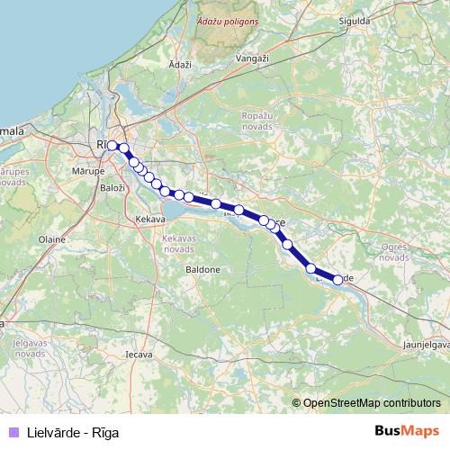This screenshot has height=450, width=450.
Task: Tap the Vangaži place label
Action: (252, 58)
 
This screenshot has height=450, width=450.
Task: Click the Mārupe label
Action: (86, 168)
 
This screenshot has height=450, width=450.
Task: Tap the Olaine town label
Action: (52, 239)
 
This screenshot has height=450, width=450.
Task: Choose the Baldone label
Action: (202, 269)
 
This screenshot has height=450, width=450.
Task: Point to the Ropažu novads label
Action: (262, 121)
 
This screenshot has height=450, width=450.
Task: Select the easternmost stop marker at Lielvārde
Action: (338, 280)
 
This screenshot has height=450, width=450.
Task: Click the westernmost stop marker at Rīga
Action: (112, 145)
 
